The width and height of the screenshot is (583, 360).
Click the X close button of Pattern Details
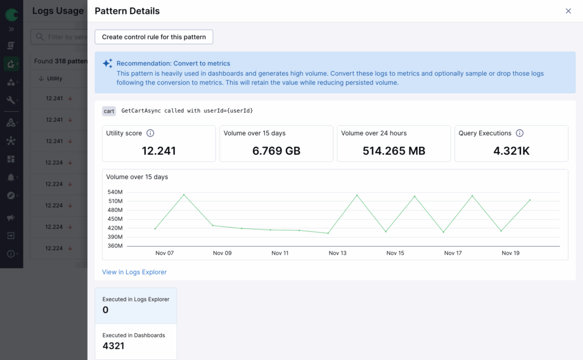568,11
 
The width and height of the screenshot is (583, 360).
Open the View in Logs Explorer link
134,272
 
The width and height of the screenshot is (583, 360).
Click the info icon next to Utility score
150,133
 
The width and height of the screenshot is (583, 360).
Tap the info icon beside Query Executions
519,133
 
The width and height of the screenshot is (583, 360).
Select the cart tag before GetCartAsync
109,111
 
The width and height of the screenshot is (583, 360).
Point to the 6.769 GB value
276,151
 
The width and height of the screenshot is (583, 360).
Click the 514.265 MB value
393,151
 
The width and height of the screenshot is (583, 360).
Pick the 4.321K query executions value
511,151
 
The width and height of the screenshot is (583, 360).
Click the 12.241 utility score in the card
159,151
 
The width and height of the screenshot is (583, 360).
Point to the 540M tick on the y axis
115,192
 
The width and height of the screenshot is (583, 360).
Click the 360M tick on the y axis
115,246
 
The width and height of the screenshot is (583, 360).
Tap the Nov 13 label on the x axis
338,253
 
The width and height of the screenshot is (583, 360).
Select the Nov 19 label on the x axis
511,253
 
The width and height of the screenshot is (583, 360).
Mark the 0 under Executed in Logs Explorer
105,310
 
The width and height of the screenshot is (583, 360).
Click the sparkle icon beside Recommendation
107,64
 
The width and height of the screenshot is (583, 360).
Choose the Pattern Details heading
127,11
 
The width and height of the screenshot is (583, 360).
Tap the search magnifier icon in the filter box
40,37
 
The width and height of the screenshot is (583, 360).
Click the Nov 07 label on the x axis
165,253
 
